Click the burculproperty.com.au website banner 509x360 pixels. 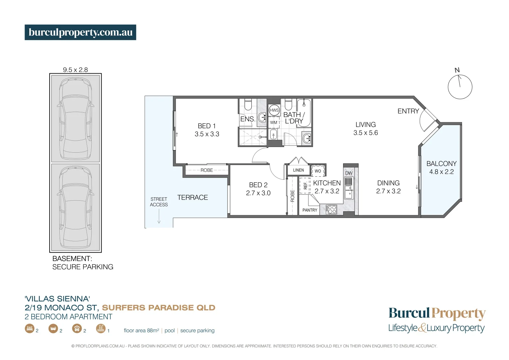80,32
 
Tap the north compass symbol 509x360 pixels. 460,86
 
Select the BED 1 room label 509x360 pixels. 207,126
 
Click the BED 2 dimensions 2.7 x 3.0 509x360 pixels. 258,193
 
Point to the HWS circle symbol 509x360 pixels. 274,110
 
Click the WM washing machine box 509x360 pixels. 274,122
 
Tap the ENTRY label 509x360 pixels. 408,111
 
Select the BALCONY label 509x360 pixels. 441,164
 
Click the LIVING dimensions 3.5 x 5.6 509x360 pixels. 365,133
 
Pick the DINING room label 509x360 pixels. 388,183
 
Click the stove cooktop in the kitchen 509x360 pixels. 331,209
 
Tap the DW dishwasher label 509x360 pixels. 349,173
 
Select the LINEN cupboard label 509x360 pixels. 298,170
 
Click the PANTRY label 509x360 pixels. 310,210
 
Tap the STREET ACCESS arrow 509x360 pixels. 159,217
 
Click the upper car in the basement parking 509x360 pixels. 76,119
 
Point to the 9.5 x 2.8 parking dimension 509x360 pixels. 75,70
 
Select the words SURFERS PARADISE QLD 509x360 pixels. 159,308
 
